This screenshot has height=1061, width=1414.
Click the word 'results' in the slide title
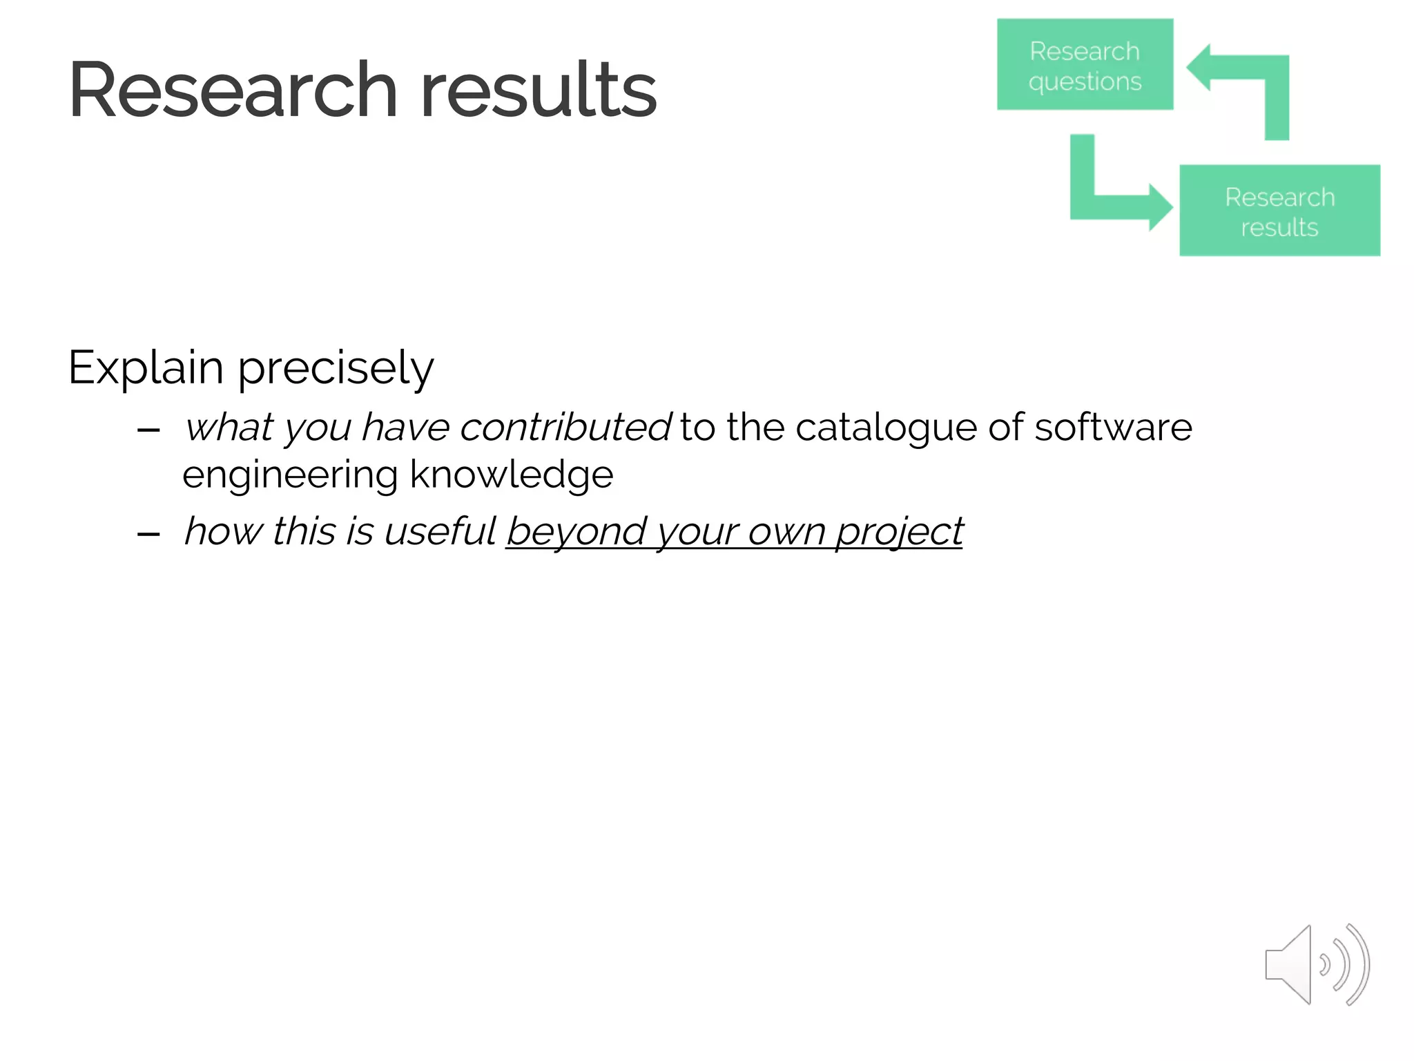coord(539,90)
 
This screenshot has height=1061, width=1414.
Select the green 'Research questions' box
coord(1085,65)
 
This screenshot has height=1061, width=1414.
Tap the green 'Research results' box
coord(1279,211)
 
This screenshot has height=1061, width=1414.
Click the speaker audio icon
coord(1316,964)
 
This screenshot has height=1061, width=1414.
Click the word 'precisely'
coord(336,368)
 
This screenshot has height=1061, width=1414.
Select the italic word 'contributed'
coord(565,427)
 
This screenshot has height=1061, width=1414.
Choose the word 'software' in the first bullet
coord(1113,427)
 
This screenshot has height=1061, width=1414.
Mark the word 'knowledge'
coord(512,475)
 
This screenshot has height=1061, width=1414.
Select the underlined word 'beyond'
coord(576,532)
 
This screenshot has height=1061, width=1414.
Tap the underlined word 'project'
coord(899,533)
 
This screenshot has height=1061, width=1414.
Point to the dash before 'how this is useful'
coord(148,534)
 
